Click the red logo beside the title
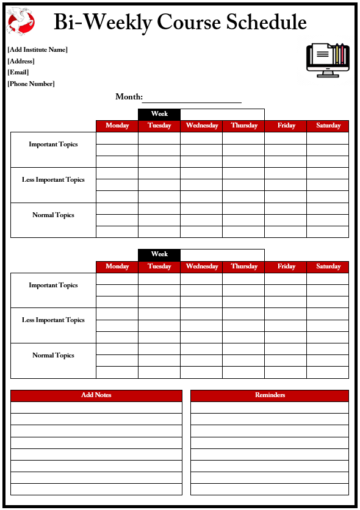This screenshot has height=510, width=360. [x=20, y=22]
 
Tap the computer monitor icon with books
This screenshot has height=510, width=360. [x=328, y=59]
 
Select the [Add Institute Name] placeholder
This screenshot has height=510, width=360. [x=37, y=50]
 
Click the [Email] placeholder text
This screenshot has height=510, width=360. [x=18, y=73]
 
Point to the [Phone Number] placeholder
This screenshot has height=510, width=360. [x=31, y=84]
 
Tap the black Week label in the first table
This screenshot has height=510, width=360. [x=159, y=114]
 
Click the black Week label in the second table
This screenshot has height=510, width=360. [x=159, y=254]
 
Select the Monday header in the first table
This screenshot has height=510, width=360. [x=117, y=126]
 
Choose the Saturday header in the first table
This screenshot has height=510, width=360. [x=328, y=126]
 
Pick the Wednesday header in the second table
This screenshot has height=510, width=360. [x=202, y=267]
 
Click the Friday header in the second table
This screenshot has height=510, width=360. [x=286, y=267]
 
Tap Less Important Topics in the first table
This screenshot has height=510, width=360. [x=53, y=180]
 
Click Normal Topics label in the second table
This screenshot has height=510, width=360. [x=53, y=356]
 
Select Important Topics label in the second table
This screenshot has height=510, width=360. [x=53, y=286]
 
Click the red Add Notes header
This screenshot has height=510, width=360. [x=96, y=395]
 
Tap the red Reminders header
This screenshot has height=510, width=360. [x=270, y=395]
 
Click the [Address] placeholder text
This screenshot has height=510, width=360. [x=21, y=62]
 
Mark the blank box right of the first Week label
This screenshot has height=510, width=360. [x=223, y=114]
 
